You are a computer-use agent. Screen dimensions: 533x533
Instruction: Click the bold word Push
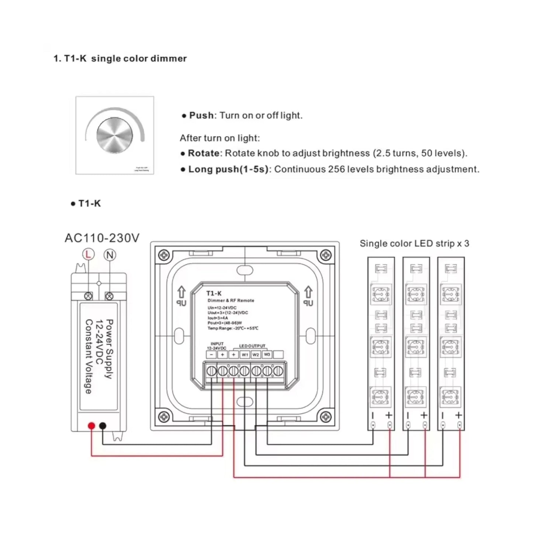[201, 115]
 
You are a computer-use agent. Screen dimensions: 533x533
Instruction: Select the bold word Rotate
[203, 153]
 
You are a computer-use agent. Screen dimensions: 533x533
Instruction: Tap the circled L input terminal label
[88, 255]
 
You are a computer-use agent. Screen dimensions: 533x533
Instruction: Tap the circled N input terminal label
[110, 255]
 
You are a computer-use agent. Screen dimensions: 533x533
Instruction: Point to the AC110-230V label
[102, 238]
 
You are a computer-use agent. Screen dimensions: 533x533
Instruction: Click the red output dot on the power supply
[91, 426]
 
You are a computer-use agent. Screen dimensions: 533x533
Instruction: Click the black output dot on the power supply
[103, 426]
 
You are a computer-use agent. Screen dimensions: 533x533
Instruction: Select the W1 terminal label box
[245, 354]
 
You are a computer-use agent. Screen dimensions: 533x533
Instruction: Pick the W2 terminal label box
[256, 354]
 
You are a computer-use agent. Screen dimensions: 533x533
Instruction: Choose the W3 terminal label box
[267, 354]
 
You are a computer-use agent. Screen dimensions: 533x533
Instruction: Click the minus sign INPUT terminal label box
[211, 354]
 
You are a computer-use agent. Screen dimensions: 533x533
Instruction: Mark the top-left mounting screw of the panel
[163, 255]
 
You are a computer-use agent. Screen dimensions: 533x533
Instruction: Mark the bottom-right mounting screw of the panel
[326, 417]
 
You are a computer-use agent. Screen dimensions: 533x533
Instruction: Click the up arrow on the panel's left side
[181, 293]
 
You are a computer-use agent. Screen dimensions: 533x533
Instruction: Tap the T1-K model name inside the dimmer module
[214, 293]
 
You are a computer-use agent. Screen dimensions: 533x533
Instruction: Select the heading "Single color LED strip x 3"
[414, 243]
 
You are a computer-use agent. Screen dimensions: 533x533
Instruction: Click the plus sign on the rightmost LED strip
[458, 415]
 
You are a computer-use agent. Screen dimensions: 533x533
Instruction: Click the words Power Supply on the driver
[109, 349]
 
